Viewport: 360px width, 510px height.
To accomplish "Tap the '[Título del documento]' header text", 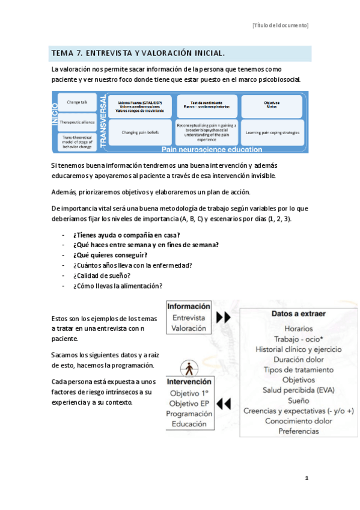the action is pos(280,25).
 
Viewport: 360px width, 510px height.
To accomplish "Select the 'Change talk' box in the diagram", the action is pos(78,103).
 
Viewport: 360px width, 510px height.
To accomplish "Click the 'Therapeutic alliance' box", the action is pos(78,122).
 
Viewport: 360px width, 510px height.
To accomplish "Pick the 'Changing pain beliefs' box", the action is pos(139,132).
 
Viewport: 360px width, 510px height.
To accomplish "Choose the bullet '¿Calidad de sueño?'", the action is pos(102,275).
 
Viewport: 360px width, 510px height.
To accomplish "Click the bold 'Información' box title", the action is pos(189,306).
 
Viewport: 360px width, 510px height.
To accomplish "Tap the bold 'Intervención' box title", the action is pos(189,381).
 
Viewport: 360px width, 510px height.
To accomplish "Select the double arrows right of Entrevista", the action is pos(224,317).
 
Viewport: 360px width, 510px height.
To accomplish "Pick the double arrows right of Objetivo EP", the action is pos(224,403).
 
